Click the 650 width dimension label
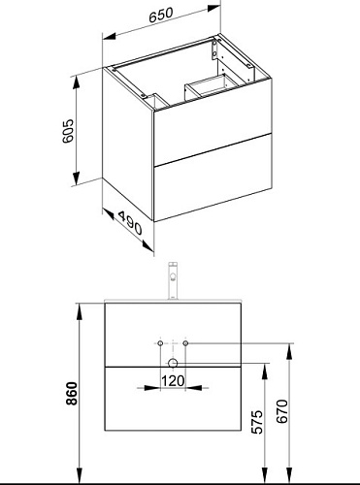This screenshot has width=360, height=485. pos(161,15)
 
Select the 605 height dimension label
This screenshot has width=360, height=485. pos(68,131)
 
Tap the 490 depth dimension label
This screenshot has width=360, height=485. pos(130,223)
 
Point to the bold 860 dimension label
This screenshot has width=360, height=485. pos(72,393)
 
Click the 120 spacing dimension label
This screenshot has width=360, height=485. pos(173,381)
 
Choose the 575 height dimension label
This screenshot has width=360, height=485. pos(258,422)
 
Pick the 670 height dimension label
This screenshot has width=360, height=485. pos(282,411)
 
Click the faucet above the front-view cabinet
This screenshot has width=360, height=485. pos(173,281)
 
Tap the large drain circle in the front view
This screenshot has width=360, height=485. pos(173,363)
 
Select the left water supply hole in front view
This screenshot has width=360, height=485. pos(160,343)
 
